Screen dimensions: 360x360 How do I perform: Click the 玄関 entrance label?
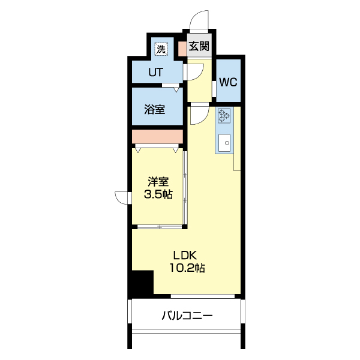click(x=199, y=46)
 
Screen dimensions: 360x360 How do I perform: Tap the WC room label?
click(x=228, y=82)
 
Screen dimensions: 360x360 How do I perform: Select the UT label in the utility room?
click(x=156, y=73)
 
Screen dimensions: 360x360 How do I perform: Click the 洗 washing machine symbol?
click(x=161, y=49)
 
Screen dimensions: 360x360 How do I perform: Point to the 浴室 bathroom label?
click(x=155, y=109)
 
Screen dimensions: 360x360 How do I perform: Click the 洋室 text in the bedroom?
click(x=158, y=182)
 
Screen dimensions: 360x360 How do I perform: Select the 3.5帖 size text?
click(x=158, y=194)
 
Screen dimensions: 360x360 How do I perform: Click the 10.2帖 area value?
click(x=187, y=268)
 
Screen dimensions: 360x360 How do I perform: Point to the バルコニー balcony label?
click(x=187, y=316)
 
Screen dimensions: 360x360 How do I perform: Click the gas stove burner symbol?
click(x=224, y=115)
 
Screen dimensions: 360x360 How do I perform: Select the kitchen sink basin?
click(x=224, y=143)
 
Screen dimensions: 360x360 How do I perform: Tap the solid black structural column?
click(x=143, y=282)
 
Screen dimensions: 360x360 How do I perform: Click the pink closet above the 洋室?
click(x=157, y=137)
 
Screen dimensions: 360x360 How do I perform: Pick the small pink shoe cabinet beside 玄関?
click(x=183, y=49)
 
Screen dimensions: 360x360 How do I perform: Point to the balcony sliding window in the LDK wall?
click(x=203, y=296)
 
